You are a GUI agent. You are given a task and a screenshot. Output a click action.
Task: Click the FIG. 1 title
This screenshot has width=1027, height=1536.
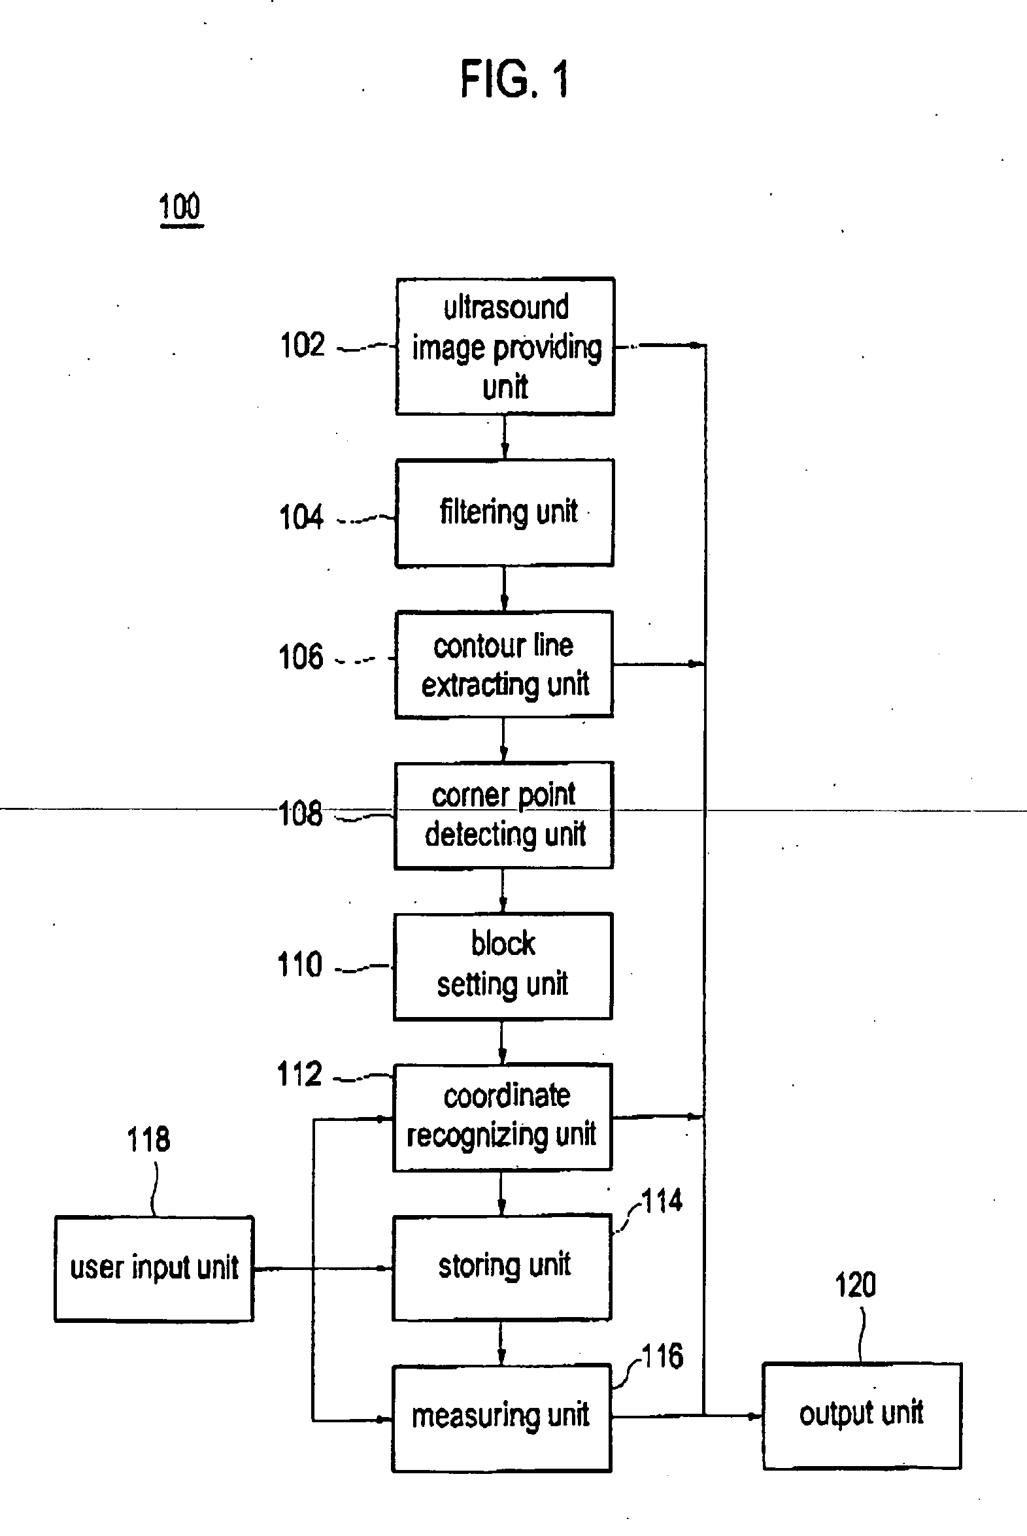[x=515, y=79]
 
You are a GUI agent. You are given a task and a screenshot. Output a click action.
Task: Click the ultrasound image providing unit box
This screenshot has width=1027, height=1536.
[x=505, y=346]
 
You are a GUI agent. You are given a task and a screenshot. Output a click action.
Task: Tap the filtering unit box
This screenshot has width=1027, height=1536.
[x=504, y=512]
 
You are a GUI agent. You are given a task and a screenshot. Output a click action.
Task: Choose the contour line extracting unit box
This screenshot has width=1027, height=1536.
[x=503, y=665]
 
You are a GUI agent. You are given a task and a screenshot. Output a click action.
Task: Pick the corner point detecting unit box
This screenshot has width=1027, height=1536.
[x=503, y=815]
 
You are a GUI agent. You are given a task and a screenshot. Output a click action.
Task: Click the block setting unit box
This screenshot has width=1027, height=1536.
[x=503, y=966]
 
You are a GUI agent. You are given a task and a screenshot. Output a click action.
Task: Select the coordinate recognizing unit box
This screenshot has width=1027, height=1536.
[x=502, y=1117]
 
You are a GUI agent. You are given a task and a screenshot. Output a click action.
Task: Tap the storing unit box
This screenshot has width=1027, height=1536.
[x=501, y=1267]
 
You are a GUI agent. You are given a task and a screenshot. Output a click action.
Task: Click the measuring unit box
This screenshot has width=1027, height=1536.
[x=501, y=1418]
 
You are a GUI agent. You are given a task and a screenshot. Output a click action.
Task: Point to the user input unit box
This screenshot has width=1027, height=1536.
[x=154, y=1269]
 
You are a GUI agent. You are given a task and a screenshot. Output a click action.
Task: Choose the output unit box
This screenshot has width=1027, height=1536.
[x=862, y=1416]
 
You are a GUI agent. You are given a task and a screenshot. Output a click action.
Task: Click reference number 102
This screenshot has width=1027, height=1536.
[x=302, y=345]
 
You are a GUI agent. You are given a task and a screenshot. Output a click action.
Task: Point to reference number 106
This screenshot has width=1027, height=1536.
[x=301, y=657]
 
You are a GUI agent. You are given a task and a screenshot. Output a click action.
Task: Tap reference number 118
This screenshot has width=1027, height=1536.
[x=148, y=1140]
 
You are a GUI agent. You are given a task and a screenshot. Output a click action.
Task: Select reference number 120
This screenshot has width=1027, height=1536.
[x=855, y=1285]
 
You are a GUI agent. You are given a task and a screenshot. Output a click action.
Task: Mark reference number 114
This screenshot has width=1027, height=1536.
[x=662, y=1202]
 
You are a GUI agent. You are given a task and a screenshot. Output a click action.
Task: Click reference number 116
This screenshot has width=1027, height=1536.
[x=662, y=1356]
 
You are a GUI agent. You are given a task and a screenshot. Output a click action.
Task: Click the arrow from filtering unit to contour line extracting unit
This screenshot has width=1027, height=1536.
[x=503, y=589]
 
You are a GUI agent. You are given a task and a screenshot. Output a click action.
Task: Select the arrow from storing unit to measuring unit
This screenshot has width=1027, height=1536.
[x=501, y=1342]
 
